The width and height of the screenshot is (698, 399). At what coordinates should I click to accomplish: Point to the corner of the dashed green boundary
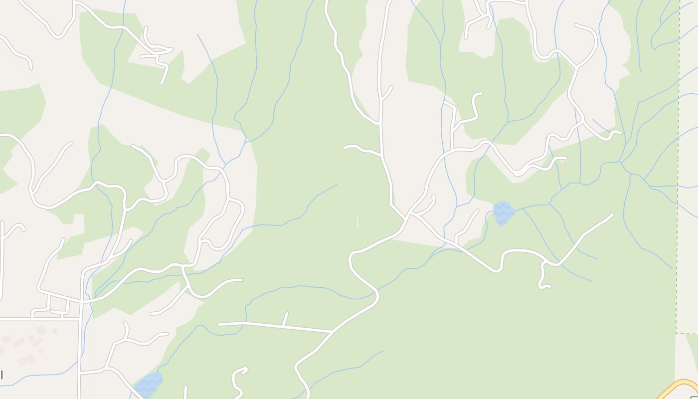point(677,333)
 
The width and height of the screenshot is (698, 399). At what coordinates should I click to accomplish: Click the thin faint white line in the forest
point(357,221)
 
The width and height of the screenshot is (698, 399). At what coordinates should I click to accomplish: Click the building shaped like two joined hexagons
point(25,360)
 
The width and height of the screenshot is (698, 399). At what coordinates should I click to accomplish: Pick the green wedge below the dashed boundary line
point(692,349)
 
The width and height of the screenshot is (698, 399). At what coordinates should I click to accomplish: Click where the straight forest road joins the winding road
point(333,331)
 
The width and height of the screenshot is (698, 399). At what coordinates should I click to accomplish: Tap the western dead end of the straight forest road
point(219,324)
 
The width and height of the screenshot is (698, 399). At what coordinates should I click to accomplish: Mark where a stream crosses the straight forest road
point(244,325)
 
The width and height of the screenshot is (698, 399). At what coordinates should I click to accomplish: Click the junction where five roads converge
point(410,214)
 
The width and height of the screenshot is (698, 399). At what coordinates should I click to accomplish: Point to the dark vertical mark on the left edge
point(1,375)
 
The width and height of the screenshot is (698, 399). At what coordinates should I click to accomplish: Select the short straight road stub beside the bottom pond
point(185,392)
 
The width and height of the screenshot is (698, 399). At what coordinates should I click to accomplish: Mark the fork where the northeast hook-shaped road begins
point(577,66)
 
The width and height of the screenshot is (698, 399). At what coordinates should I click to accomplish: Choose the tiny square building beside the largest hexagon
point(54,331)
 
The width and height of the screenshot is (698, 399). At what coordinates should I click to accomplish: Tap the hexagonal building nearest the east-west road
point(41,330)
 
